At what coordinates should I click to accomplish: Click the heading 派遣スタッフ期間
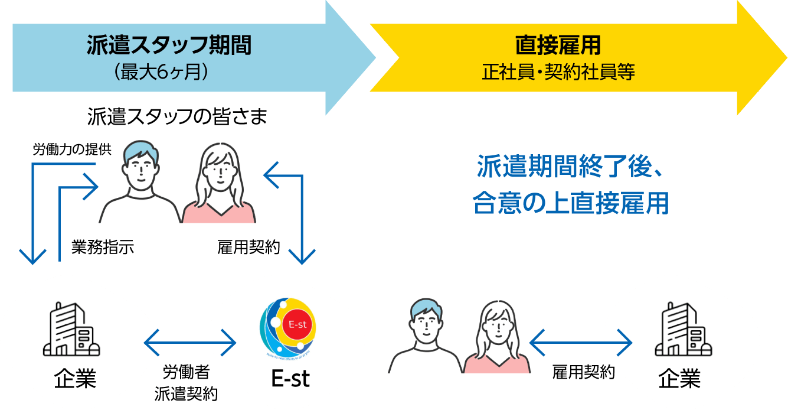click(x=169, y=45)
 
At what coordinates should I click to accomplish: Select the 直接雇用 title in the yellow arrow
click(x=558, y=45)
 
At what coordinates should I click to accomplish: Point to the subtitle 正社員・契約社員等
click(x=558, y=73)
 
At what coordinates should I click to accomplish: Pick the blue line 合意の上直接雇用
click(x=570, y=204)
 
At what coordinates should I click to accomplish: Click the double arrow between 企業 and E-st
click(x=189, y=342)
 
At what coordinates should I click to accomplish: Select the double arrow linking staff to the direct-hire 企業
click(x=581, y=342)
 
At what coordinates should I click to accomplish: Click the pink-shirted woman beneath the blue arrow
click(x=218, y=186)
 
